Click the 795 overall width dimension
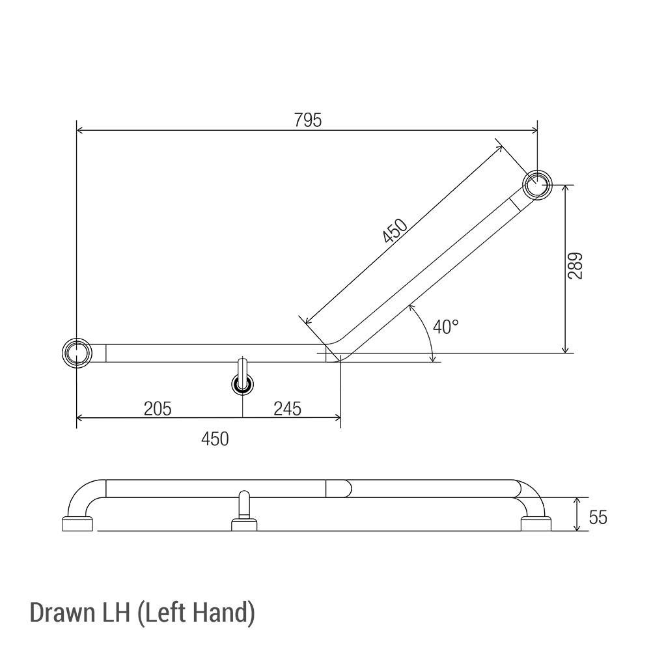tap(307, 120)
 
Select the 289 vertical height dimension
tap(575, 266)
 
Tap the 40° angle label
tap(446, 327)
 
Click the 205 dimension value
tap(158, 408)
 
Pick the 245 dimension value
tap(287, 408)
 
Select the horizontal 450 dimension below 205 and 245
tap(215, 439)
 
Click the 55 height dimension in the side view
tap(598, 517)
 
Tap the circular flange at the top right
tap(538, 184)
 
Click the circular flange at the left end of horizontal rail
tap(77, 353)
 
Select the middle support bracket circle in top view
tap(243, 385)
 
